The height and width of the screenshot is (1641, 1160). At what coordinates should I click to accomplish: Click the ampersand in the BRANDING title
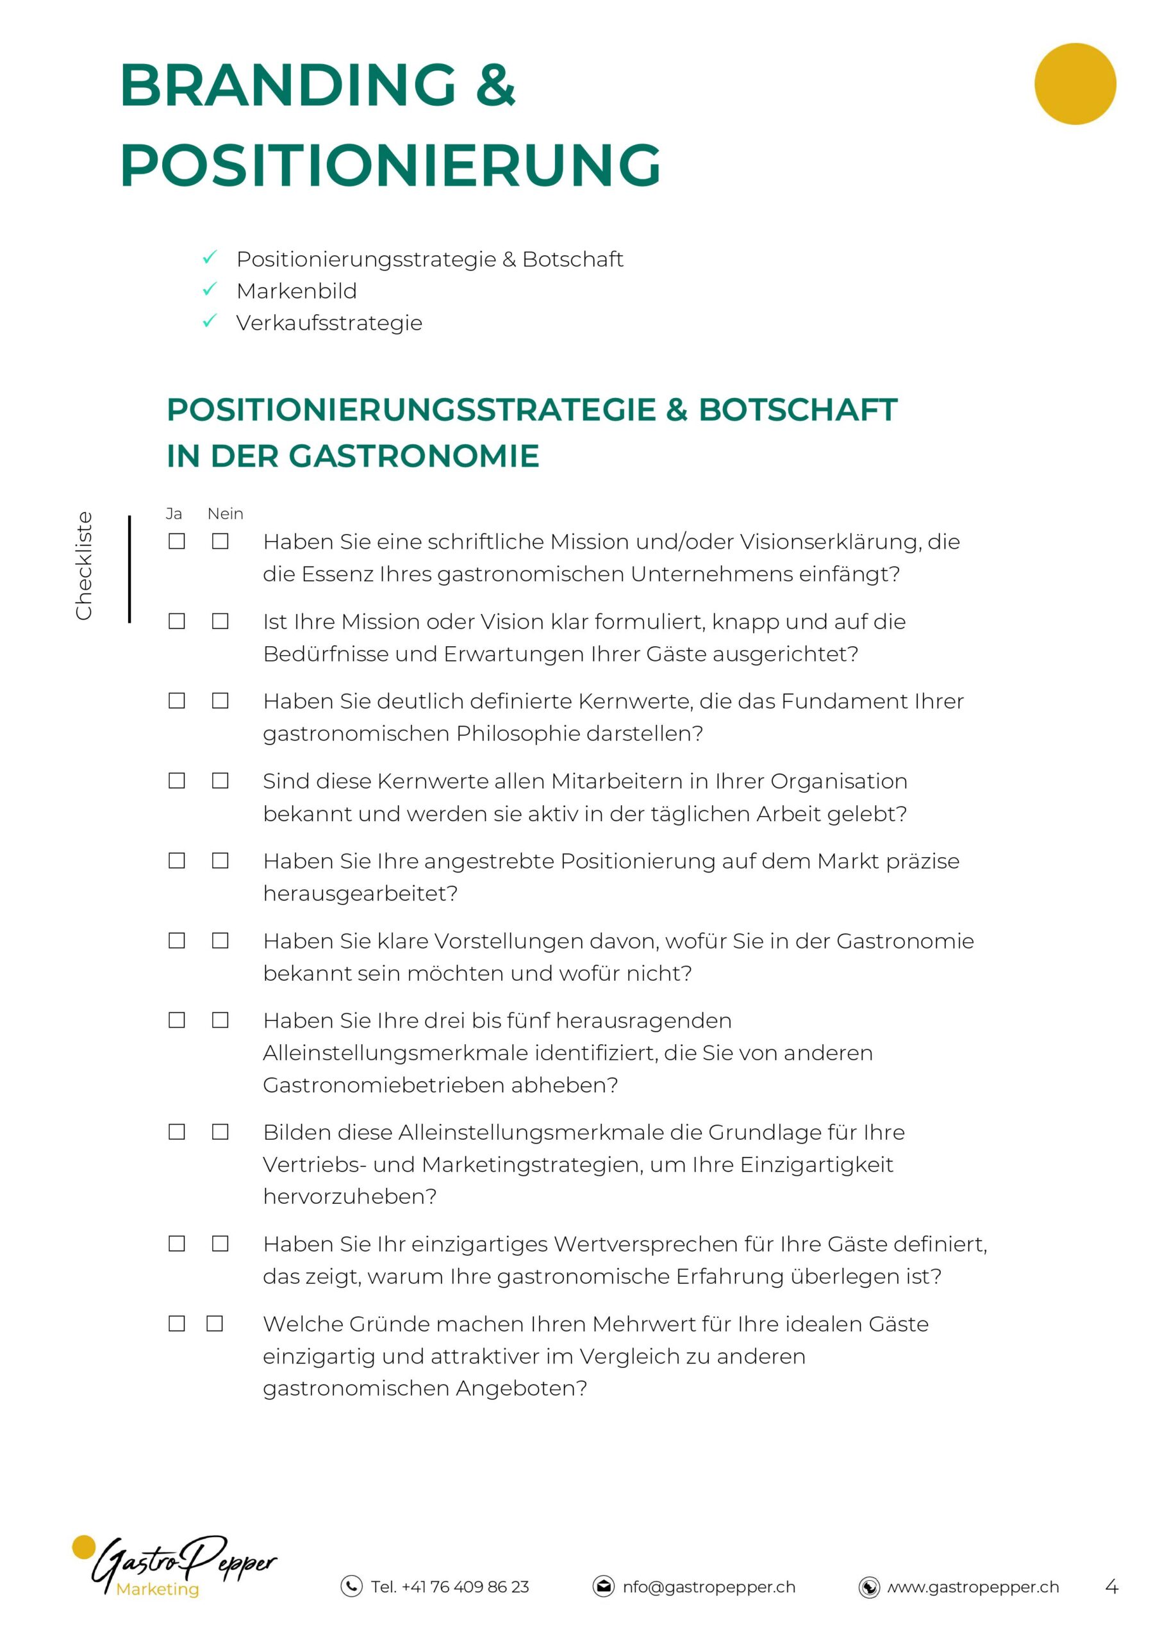click(495, 85)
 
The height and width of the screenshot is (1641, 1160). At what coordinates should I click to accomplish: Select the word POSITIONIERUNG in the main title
click(390, 165)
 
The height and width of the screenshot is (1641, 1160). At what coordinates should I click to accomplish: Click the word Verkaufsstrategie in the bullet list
click(329, 323)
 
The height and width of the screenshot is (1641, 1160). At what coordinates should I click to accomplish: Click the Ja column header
click(174, 514)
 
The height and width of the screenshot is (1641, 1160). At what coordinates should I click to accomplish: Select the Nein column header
click(225, 514)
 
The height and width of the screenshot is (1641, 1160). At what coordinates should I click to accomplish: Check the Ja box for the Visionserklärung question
click(176, 542)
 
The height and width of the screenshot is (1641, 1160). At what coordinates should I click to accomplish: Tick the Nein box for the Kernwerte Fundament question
click(220, 701)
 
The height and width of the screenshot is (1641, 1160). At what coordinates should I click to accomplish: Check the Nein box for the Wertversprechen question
click(220, 1244)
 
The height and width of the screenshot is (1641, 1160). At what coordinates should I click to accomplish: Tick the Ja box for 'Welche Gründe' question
click(176, 1324)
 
